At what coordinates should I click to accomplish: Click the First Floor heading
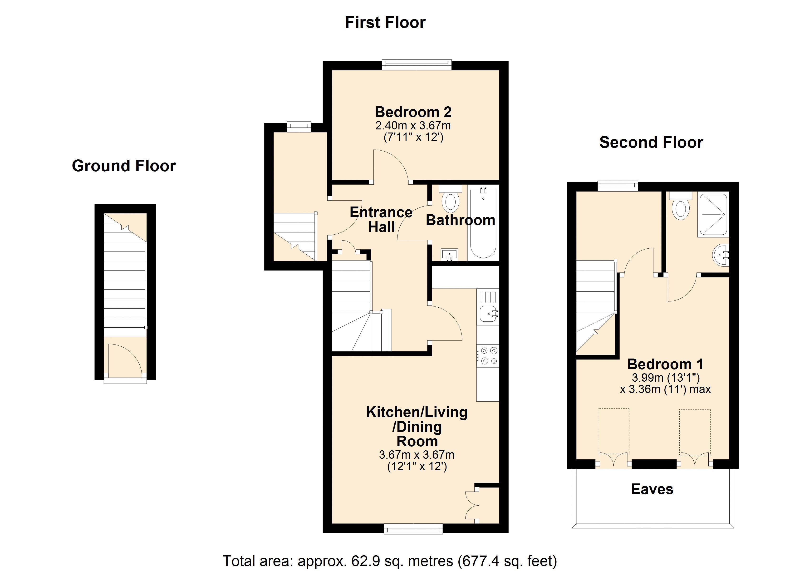click(x=385, y=23)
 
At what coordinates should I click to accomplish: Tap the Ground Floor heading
click(x=124, y=166)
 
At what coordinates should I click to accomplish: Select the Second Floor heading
click(x=651, y=142)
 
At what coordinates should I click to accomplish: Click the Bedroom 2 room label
click(x=413, y=112)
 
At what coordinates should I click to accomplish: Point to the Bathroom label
click(x=460, y=220)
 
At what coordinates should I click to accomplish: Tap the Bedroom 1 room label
click(x=665, y=364)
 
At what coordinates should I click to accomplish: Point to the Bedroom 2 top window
click(x=417, y=65)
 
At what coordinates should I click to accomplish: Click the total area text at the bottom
click(x=390, y=561)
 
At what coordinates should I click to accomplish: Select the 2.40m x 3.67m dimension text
click(x=413, y=125)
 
